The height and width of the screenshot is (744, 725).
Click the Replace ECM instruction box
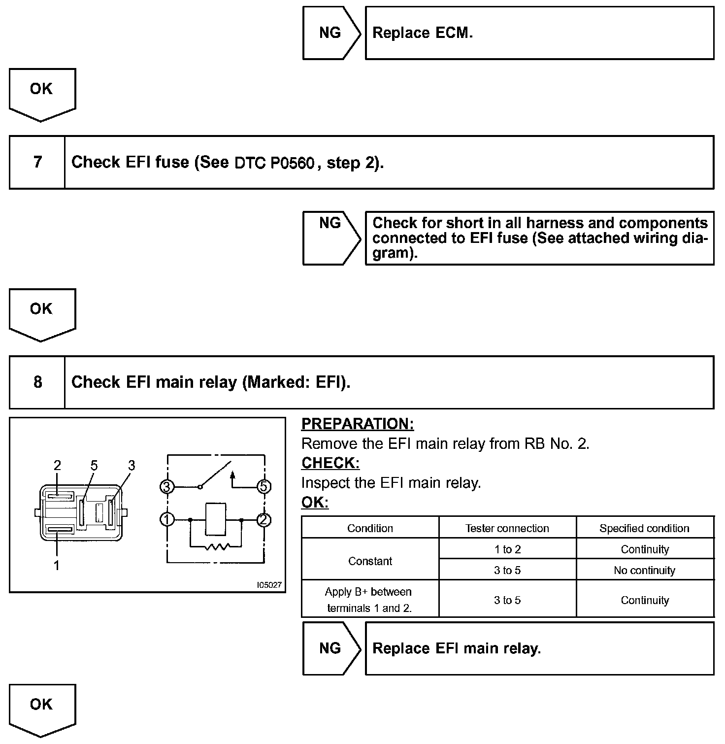point(539,33)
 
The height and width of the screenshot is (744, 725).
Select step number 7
point(37,162)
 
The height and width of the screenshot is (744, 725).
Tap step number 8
point(37,382)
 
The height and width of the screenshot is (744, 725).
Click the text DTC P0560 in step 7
point(274,163)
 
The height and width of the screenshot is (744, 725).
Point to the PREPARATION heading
point(357,424)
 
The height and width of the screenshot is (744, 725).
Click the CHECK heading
point(330,463)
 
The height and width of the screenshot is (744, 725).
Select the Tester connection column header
point(507,528)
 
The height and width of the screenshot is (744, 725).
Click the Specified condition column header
point(644,528)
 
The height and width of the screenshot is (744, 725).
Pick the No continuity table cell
point(644,571)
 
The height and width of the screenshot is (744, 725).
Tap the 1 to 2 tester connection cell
point(507,549)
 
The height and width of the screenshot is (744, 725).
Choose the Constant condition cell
point(370,561)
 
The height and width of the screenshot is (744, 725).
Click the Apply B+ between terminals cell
point(369,600)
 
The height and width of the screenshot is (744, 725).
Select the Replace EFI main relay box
point(539,648)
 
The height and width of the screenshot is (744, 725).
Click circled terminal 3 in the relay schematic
point(167,487)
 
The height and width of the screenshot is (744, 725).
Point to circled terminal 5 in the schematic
point(264,487)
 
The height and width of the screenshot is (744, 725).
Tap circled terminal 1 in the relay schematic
point(167,519)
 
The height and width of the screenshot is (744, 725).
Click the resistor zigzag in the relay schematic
point(217,546)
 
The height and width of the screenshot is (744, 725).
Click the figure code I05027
point(269,585)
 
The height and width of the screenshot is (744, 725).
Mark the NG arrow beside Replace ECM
point(331,33)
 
